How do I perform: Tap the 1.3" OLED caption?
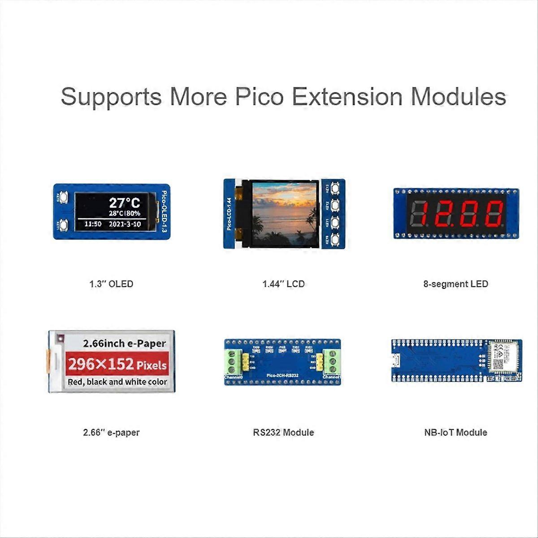pos(111,284)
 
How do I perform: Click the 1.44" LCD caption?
pos(283,284)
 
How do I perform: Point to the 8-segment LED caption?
pos(456,284)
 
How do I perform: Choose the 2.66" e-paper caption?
pos(111,433)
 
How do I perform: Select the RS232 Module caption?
pos(283,433)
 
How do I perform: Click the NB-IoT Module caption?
pos(456,433)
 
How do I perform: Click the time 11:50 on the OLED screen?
pos(93,224)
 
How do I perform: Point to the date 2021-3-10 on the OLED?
pos(125,224)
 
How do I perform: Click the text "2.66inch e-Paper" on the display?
pos(124,344)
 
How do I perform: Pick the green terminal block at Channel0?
pos(232,361)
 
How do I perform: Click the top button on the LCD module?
pos(334,188)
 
